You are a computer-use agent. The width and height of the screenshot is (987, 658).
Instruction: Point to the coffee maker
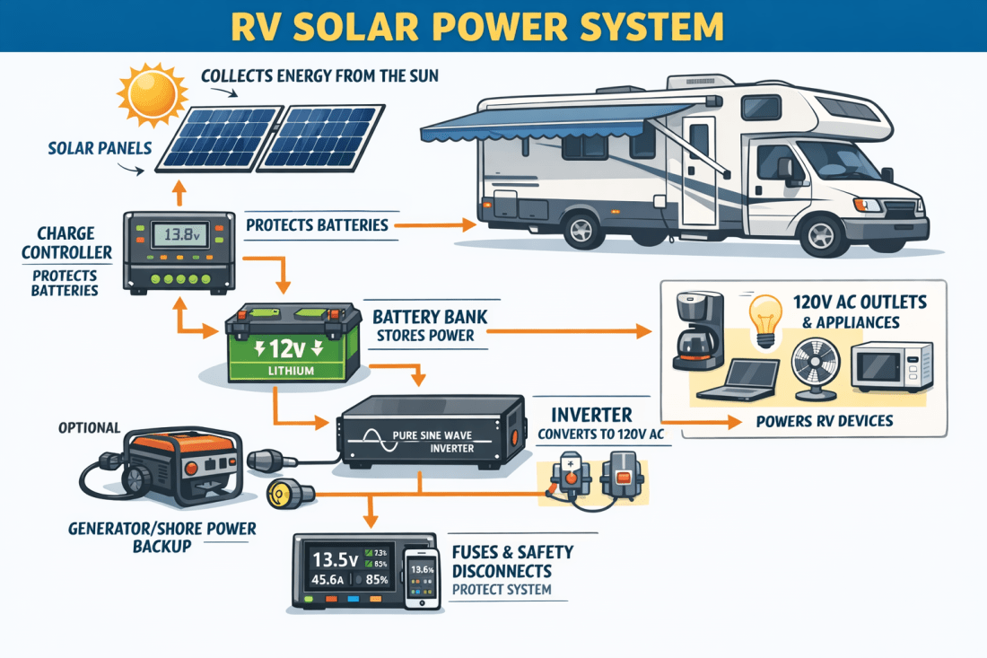(696, 333)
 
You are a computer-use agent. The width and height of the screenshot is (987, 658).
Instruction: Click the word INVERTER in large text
(590, 415)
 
